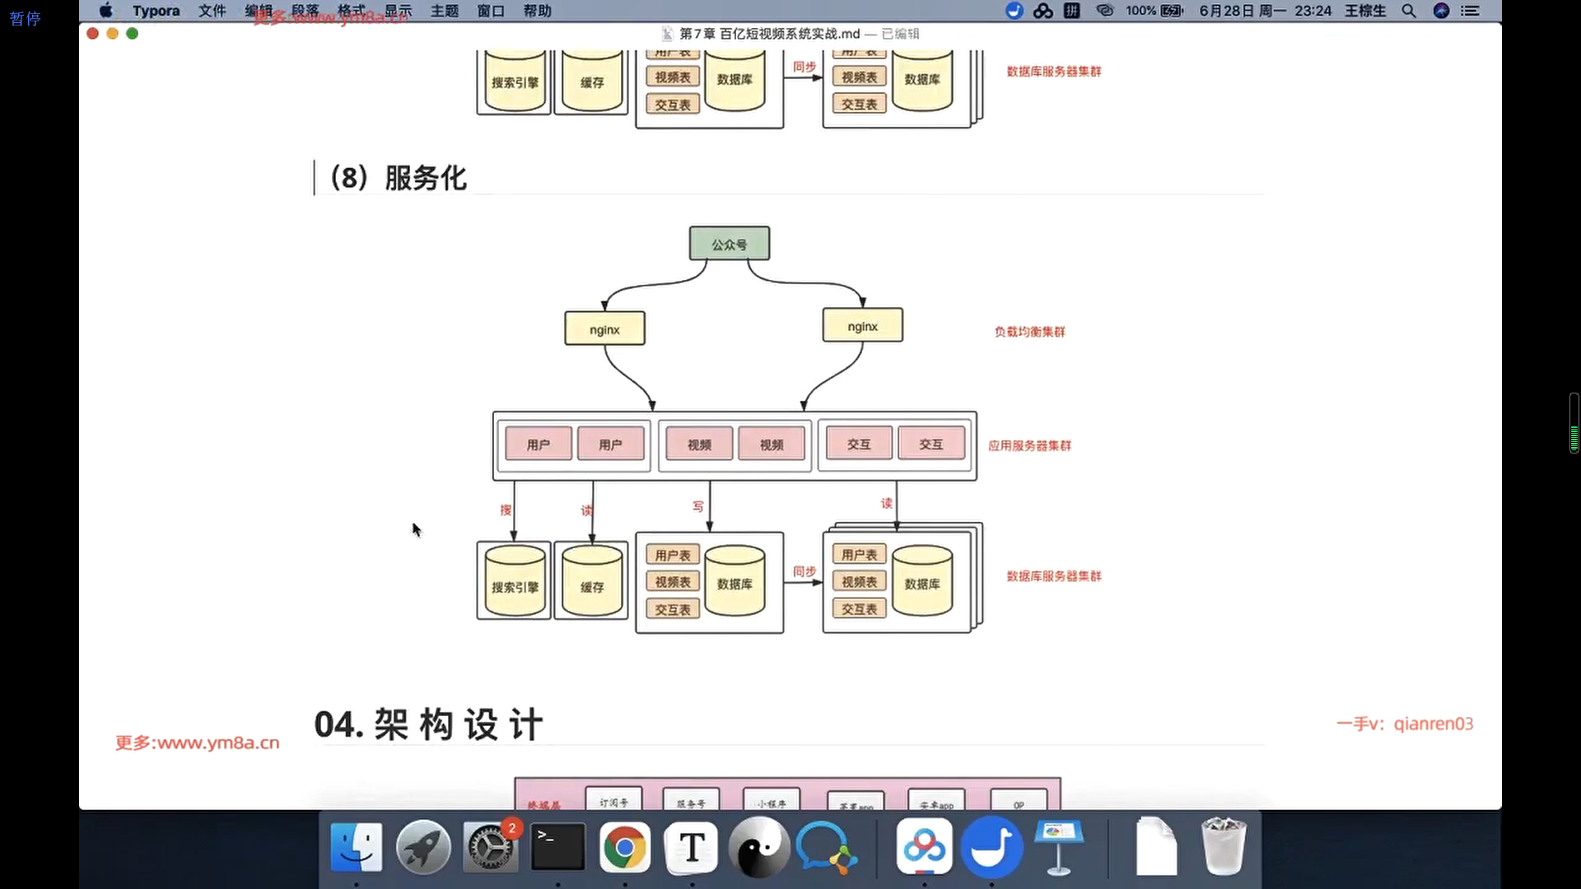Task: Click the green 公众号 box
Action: click(x=729, y=244)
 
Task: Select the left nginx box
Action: click(x=604, y=329)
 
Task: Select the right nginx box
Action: click(x=862, y=326)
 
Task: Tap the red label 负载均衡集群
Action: click(x=1029, y=332)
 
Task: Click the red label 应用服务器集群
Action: click(x=1029, y=445)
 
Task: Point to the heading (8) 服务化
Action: click(x=399, y=178)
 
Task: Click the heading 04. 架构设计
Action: click(x=428, y=724)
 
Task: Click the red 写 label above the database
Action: click(x=698, y=506)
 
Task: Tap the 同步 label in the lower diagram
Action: click(x=804, y=571)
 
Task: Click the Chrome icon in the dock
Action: click(x=624, y=848)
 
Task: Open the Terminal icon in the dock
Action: click(x=557, y=846)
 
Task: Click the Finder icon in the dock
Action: click(x=356, y=848)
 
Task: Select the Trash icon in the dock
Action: click(x=1223, y=846)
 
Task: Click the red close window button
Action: click(x=92, y=34)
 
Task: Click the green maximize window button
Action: click(x=132, y=34)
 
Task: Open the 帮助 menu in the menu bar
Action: click(x=537, y=11)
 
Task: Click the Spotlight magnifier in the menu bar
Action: click(x=1408, y=11)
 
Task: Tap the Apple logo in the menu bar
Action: click(x=106, y=11)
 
